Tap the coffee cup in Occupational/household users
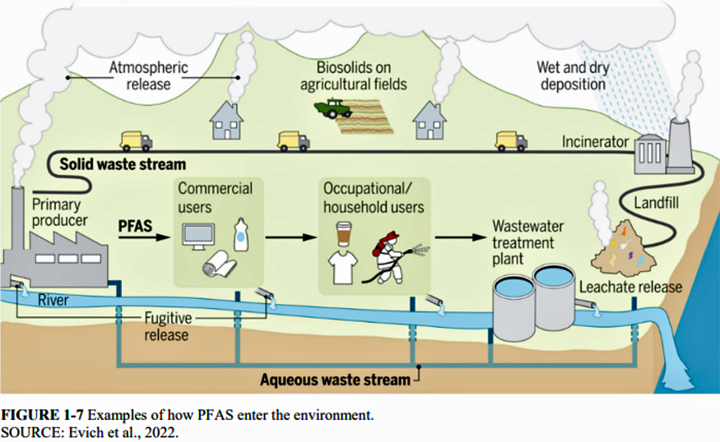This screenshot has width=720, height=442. pos(344,233)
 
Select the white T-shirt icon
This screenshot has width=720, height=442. pos(343,267)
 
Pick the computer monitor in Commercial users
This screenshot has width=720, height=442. pos(198,236)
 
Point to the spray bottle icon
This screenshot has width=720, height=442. pos(241,235)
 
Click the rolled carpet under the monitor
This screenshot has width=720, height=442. pos(219,264)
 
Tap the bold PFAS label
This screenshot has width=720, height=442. pos(135,226)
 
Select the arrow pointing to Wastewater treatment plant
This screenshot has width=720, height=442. pos(461,237)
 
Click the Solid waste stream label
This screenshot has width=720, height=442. pos(122,164)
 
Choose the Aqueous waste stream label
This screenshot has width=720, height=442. pos(335,380)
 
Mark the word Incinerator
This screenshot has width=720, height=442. pos(595,142)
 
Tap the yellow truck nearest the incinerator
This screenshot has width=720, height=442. pos(511,141)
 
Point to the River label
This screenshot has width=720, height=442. pos(53,300)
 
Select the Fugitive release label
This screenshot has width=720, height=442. pos(168,326)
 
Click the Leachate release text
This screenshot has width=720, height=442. pos(630,287)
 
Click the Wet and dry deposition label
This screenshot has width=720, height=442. pos(572,76)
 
